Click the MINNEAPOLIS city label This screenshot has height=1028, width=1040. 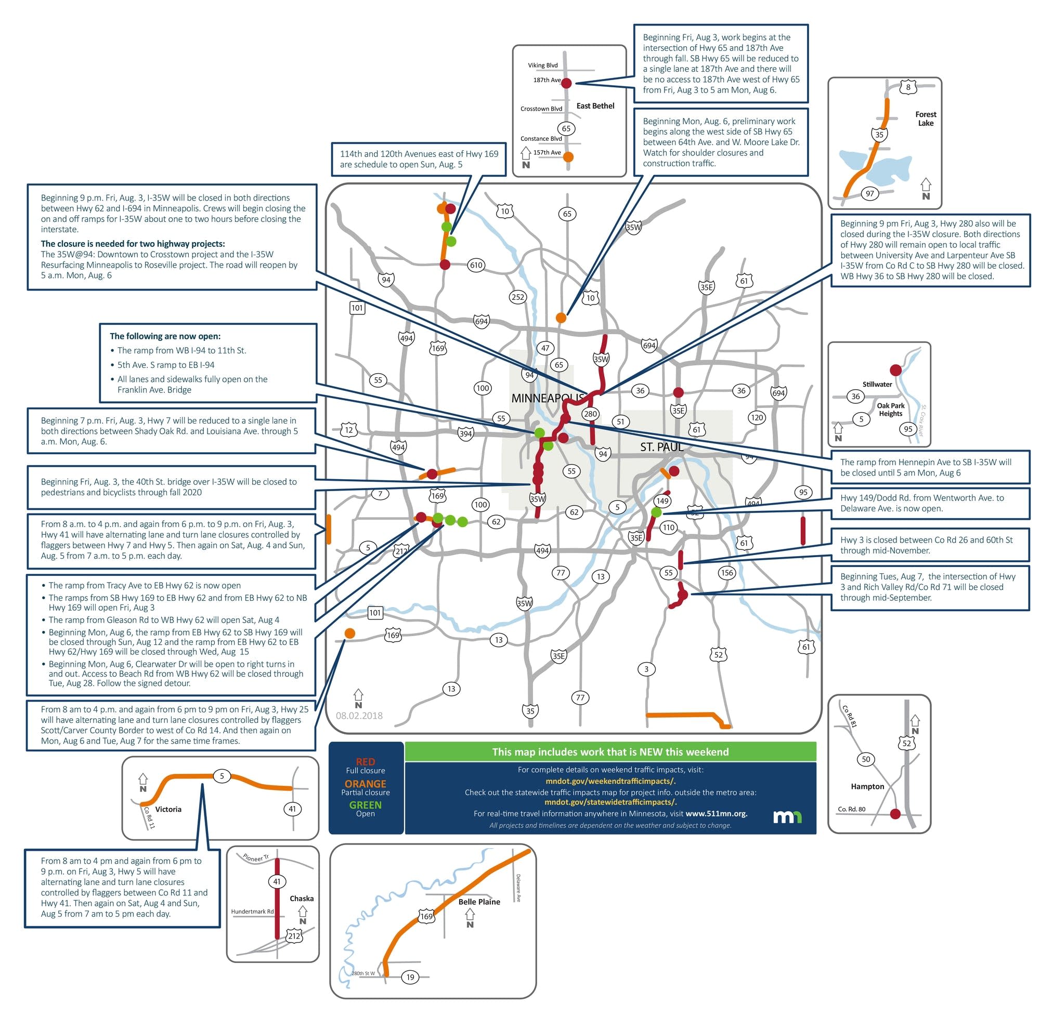pos(547,398)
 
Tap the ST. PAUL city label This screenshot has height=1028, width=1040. pos(661,446)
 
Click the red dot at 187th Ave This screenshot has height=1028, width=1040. pos(566,83)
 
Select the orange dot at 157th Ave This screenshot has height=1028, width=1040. pos(568,157)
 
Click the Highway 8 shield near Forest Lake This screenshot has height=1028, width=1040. pos(908,87)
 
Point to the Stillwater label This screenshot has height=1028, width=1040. pos(877,384)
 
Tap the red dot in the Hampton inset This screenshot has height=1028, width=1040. pos(895,814)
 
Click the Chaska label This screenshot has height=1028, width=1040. pos(302,899)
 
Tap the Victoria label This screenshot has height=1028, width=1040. pos(168,809)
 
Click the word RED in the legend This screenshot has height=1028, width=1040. pos(365,762)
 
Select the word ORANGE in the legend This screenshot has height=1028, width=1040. pos(365,784)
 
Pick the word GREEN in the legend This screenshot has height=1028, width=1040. pos(365,805)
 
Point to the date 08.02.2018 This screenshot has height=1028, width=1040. pos(359,716)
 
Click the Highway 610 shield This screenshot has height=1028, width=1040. pos(476,265)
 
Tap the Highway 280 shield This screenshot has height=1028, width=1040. pos(590,414)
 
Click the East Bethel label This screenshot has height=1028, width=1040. pos(595,106)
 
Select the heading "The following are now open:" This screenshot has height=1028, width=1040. pos(165,336)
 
